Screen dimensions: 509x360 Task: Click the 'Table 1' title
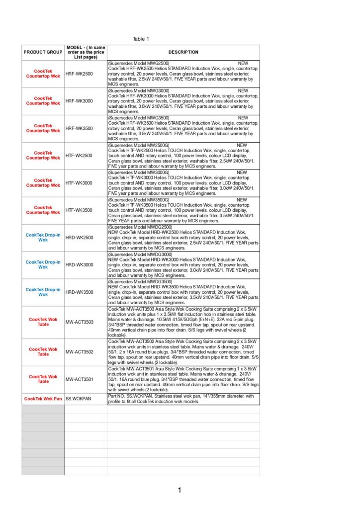(x=141, y=39)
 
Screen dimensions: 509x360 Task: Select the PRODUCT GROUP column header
(x=43, y=52)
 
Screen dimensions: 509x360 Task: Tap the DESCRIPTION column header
(x=183, y=52)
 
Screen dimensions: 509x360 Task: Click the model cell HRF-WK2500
(x=79, y=74)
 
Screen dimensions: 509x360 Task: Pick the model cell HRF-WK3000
(x=79, y=101)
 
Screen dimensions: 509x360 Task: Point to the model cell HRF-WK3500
(x=79, y=128)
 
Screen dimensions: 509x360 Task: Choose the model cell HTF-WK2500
(x=79, y=156)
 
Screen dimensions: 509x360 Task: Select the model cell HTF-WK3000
(x=79, y=183)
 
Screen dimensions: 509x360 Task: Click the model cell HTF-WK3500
(x=79, y=210)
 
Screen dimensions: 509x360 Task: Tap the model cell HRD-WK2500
(x=79, y=238)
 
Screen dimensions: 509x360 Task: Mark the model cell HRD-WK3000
(x=79, y=265)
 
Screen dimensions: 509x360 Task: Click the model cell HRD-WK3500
(x=79, y=292)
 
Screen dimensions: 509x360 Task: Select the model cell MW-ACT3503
(x=80, y=322)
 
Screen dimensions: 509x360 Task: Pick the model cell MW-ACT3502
(x=80, y=352)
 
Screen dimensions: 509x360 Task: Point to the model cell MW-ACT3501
(x=80, y=380)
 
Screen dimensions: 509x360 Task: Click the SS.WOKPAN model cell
(x=76, y=399)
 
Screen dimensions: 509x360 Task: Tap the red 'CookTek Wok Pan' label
(x=43, y=399)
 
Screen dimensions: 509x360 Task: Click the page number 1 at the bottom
(x=180, y=491)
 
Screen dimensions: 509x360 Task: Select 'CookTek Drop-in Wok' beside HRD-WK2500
(x=43, y=238)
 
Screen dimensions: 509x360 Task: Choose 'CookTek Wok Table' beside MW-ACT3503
(x=43, y=322)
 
